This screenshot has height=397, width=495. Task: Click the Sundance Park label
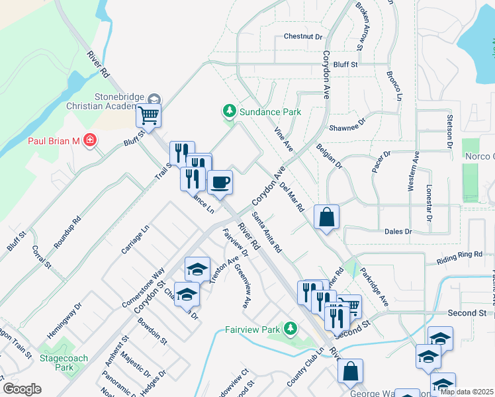click(270, 112)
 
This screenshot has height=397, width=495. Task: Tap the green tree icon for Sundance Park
click(230, 110)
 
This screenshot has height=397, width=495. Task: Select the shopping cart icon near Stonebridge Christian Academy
click(149, 116)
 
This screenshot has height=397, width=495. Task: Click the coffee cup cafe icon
click(220, 181)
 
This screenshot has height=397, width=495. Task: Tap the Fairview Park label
click(253, 329)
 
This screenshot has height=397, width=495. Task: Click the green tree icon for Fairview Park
click(290, 328)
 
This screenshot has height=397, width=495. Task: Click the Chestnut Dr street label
click(302, 37)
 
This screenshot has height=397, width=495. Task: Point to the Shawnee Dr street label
click(347, 124)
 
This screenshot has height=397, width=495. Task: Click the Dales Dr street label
click(398, 232)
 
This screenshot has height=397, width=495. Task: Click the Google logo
click(22, 389)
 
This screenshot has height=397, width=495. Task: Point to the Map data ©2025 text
click(467, 392)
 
